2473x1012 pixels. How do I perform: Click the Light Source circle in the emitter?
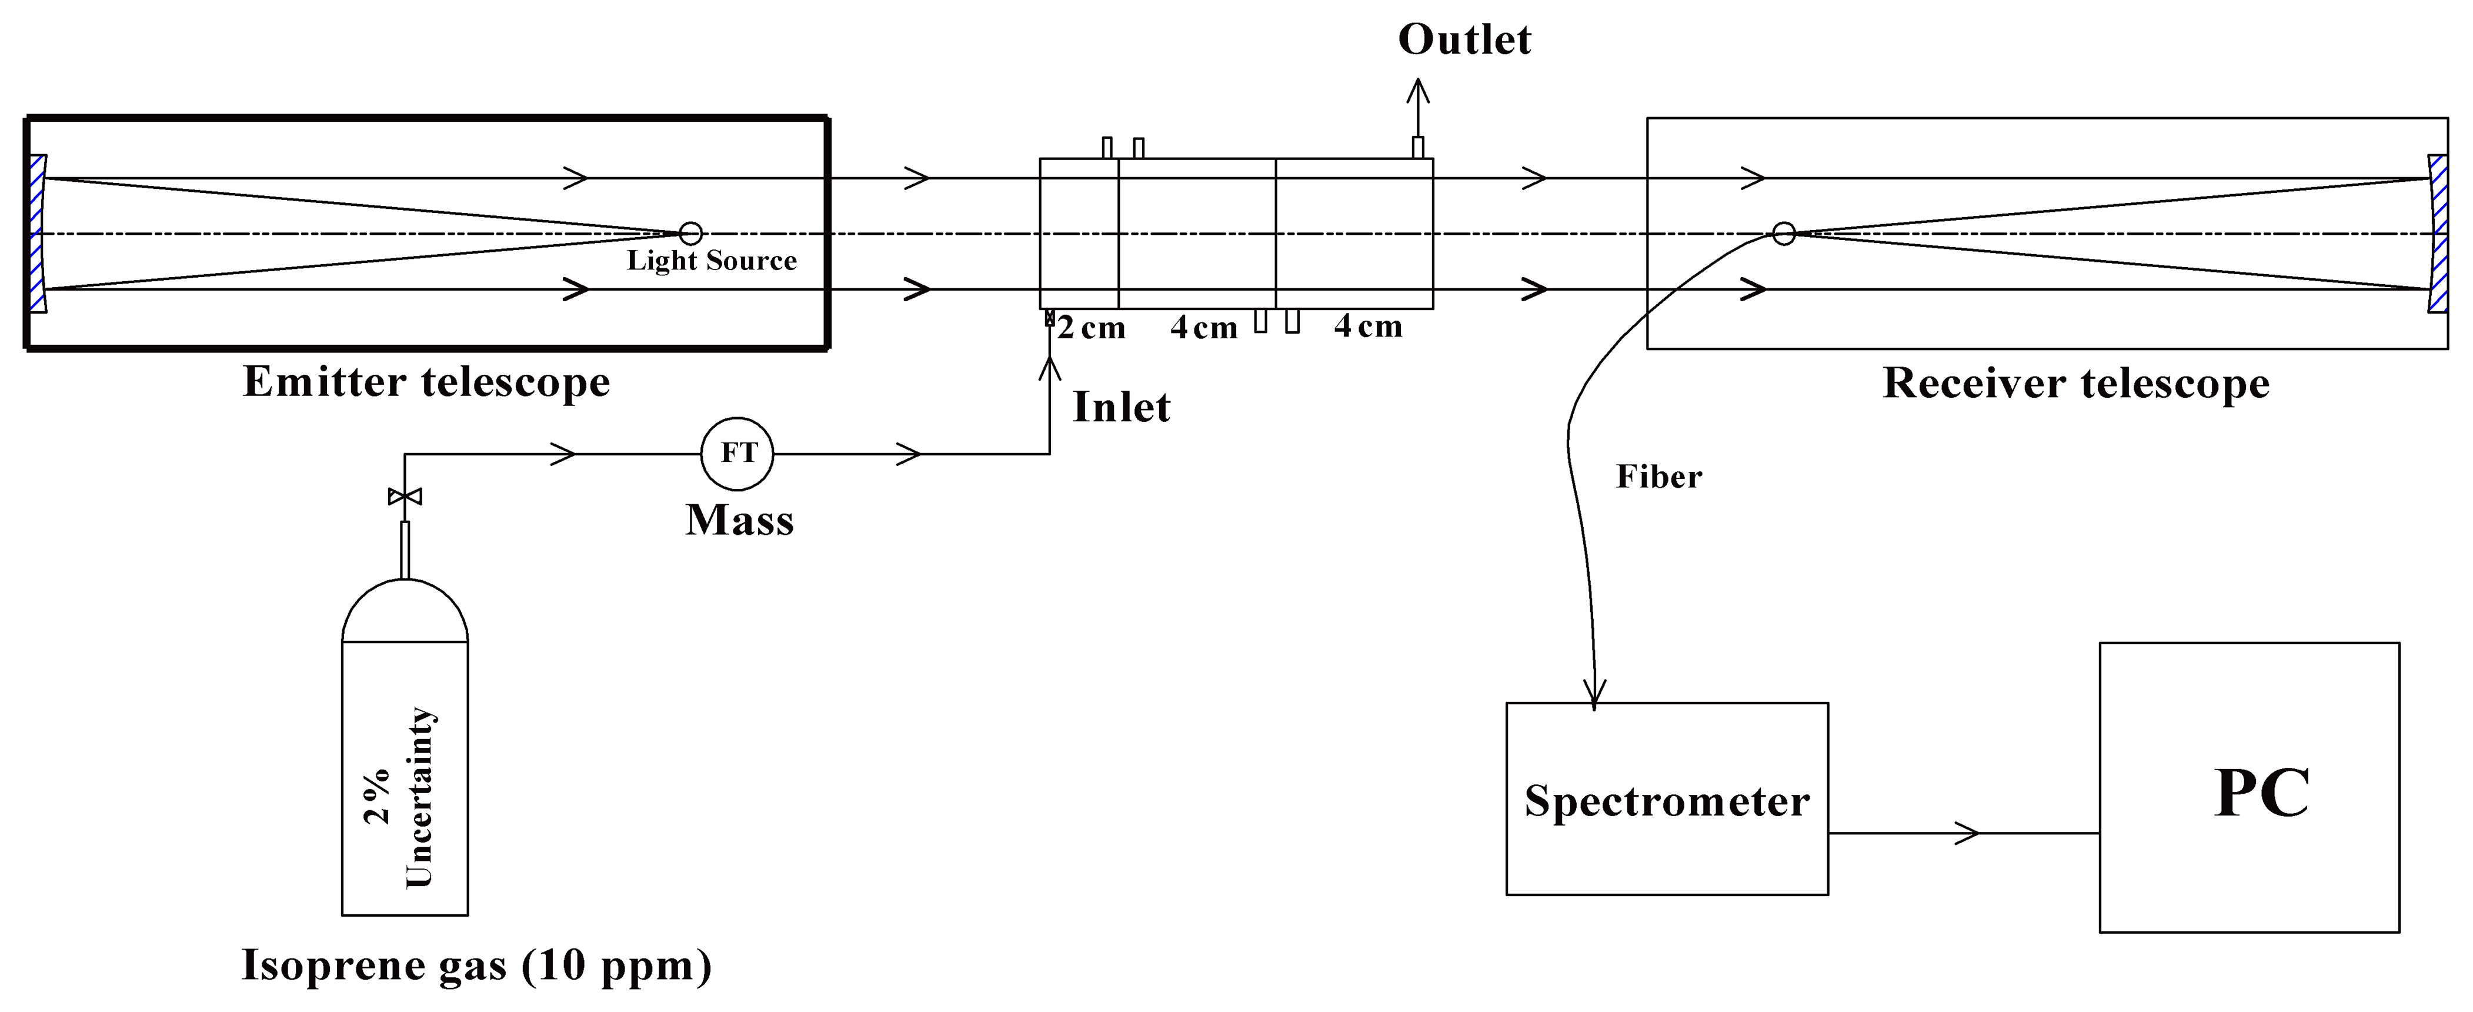pyautogui.click(x=690, y=234)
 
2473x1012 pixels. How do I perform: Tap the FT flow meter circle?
pyautogui.click(x=737, y=453)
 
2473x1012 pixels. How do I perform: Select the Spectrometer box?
pyautogui.click(x=1667, y=799)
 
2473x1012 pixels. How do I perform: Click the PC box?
pyautogui.click(x=2250, y=787)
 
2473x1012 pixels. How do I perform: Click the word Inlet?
pyautogui.click(x=1120, y=407)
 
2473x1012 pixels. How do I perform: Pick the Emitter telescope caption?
pyautogui.click(x=426, y=382)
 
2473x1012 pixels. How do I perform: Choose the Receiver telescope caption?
pyautogui.click(x=2075, y=383)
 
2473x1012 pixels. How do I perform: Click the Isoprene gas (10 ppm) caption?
pyautogui.click(x=476, y=965)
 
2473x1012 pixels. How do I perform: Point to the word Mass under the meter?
pyautogui.click(x=739, y=520)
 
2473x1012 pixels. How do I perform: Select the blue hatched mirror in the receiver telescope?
pyautogui.click(x=2438, y=234)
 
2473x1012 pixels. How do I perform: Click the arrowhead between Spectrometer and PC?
pyautogui.click(x=1968, y=833)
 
